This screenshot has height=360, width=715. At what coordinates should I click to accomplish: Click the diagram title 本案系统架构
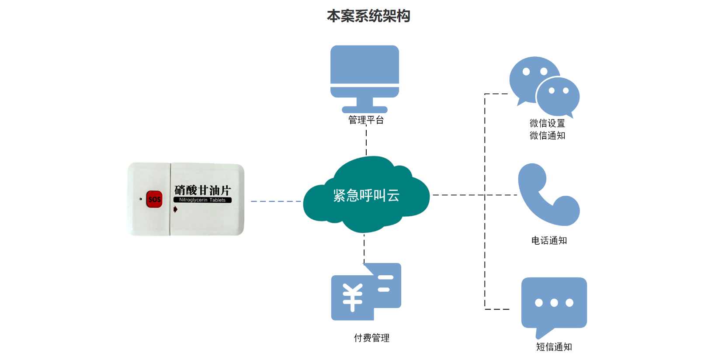[x=368, y=16]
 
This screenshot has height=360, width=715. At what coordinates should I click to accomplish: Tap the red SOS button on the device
[x=154, y=199]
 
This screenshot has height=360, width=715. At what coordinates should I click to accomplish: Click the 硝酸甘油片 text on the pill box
[x=202, y=190]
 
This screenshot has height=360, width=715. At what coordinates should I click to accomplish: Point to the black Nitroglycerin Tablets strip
[x=202, y=200]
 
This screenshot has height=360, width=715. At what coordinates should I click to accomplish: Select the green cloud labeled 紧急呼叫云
[x=366, y=195]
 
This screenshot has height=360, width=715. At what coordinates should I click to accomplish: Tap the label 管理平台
[x=366, y=120]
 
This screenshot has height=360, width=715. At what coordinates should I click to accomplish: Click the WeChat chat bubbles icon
[x=544, y=87]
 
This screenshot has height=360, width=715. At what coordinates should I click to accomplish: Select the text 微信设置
[x=547, y=123]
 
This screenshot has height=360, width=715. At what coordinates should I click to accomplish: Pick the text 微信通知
[x=547, y=135]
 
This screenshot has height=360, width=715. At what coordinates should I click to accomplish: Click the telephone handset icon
[x=547, y=195]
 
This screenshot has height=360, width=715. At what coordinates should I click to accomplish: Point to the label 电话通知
[x=549, y=240]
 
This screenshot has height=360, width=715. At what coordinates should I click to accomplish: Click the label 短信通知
[x=554, y=347]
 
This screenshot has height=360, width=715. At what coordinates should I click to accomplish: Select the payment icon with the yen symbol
[x=365, y=291]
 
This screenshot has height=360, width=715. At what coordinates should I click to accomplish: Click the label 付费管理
[x=371, y=338]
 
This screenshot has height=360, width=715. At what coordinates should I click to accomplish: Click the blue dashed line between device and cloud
[x=275, y=201]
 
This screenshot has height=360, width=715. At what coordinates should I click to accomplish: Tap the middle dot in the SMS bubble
[x=554, y=302]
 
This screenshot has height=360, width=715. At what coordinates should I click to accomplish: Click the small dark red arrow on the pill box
[x=175, y=209]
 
